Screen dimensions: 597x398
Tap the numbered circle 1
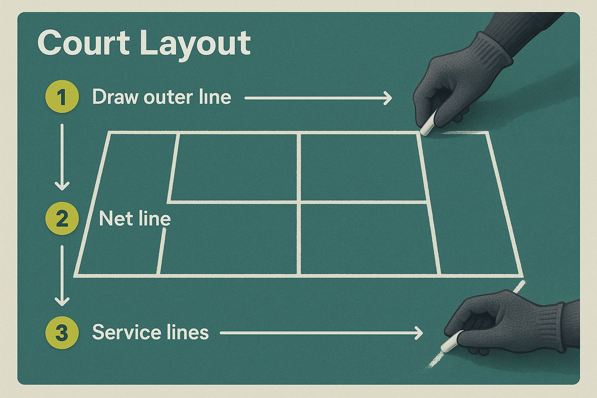tap(62, 96)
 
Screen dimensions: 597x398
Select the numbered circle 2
tap(62, 218)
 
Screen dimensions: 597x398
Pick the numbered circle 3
tap(62, 332)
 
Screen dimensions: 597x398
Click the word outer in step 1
tap(168, 97)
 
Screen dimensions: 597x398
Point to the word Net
tap(115, 218)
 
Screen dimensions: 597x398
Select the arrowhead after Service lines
tap(418, 333)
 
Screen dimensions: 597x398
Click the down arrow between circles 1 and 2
tap(62, 157)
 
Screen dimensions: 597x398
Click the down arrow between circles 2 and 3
tap(62, 276)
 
